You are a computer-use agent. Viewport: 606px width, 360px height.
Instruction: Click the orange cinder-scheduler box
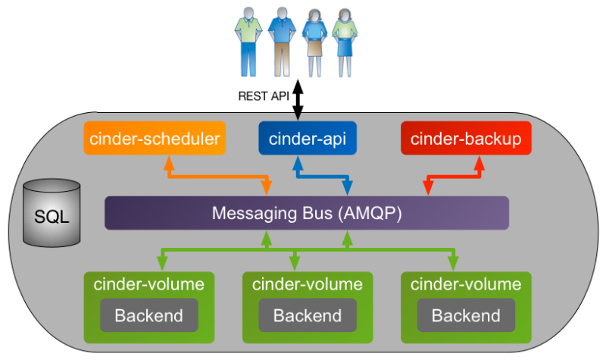[x=155, y=138]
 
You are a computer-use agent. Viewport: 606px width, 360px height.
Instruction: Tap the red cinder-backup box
[x=466, y=138]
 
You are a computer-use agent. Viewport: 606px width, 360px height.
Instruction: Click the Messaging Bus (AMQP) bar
[x=306, y=213]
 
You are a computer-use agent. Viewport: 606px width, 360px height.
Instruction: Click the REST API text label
[x=264, y=96]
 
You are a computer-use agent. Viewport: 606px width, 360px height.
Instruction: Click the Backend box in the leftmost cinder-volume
[x=148, y=315]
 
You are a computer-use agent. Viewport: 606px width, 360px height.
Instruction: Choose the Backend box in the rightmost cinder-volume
[x=466, y=315]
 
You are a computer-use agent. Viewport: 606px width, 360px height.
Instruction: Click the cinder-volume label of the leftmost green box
[x=148, y=285]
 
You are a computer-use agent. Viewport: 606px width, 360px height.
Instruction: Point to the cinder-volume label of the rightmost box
[x=466, y=285]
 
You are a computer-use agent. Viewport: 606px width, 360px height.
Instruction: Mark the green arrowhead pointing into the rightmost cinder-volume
[x=453, y=264]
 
